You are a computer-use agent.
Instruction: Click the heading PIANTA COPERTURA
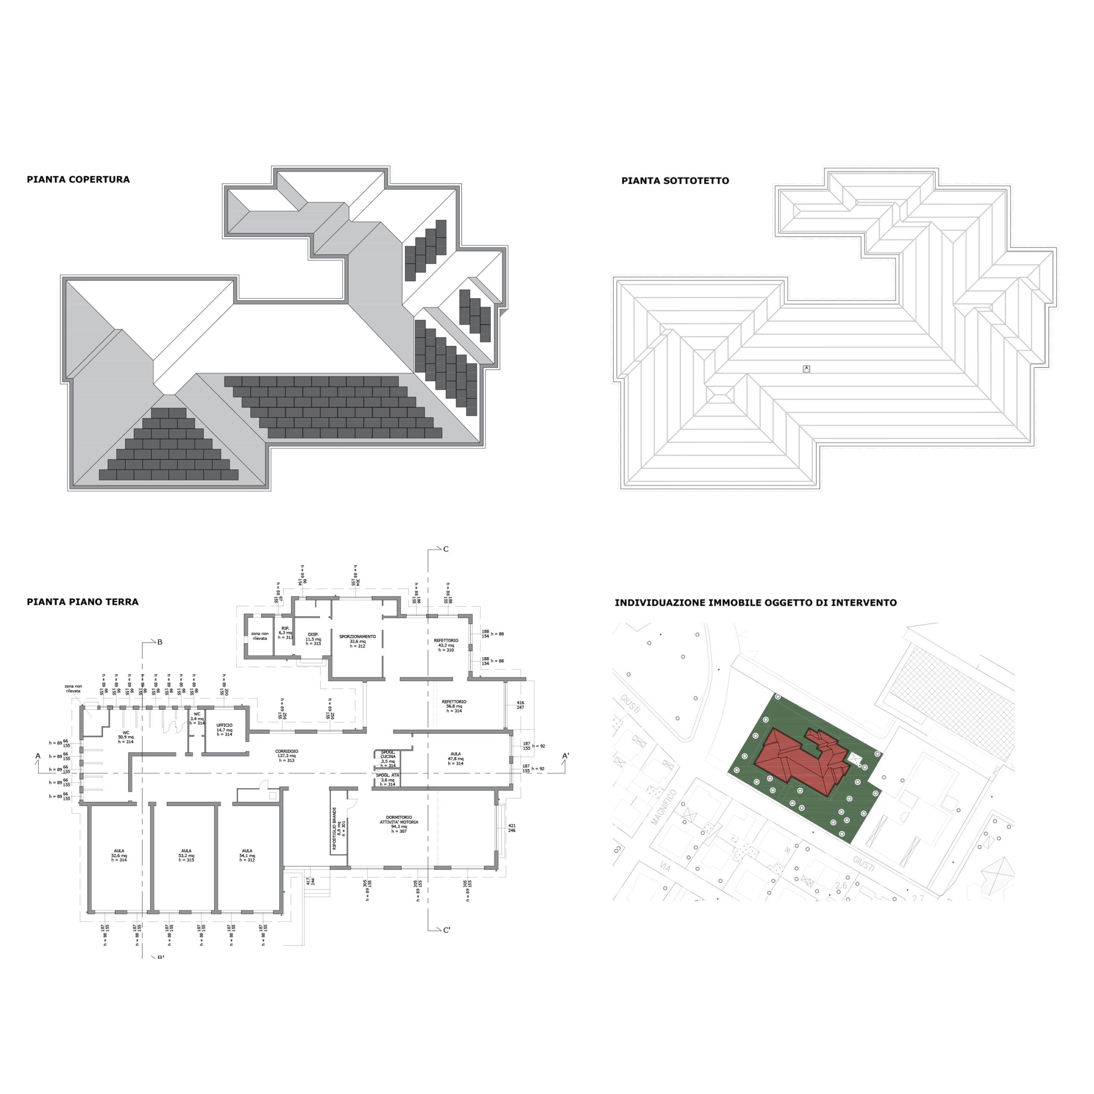click(78, 179)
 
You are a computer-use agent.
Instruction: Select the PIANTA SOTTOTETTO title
click(675, 181)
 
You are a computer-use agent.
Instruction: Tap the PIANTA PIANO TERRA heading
click(82, 602)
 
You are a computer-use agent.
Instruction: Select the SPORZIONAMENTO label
click(357, 641)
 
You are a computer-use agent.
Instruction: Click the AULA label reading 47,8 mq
click(455, 758)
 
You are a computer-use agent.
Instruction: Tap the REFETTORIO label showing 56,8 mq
click(454, 706)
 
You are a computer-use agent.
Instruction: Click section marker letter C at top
click(446, 549)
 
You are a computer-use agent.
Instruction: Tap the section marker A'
click(565, 756)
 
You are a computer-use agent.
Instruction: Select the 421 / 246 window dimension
click(512, 828)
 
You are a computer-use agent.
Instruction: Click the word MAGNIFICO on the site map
click(664, 806)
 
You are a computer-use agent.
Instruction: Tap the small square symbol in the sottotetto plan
click(806, 369)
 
